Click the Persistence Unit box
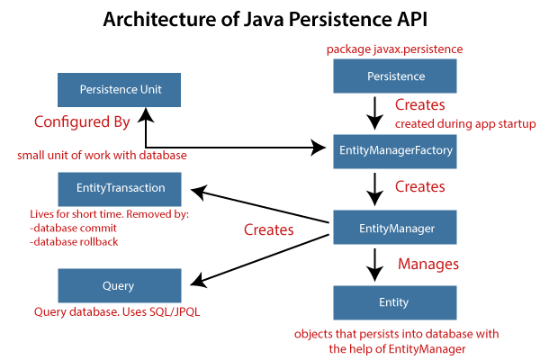tap(118, 90)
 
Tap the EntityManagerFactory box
tap(396, 151)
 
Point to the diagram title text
tap(270, 19)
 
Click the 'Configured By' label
tap(82, 121)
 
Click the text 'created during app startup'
tap(465, 124)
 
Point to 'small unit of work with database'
tap(102, 155)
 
